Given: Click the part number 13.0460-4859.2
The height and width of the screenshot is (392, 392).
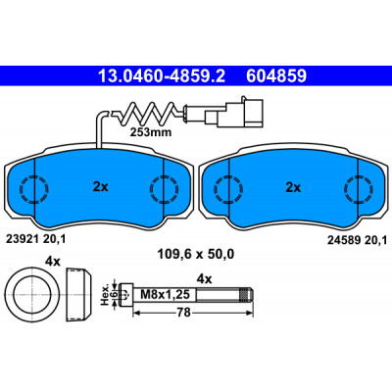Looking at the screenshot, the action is point(162,76).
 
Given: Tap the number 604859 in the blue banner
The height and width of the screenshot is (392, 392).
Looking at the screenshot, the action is point(276,76).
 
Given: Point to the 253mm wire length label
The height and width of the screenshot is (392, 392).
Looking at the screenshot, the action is point(151,132).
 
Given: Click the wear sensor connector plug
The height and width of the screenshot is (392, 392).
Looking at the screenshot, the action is point(233,113).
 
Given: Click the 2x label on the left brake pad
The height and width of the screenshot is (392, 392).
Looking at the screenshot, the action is point(100,187).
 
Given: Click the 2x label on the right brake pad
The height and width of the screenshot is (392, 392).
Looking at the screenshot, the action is point(293,187).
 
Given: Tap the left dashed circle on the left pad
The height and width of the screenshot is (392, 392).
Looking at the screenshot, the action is point(34,189).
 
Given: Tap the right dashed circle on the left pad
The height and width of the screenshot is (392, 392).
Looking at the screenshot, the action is point(165,189).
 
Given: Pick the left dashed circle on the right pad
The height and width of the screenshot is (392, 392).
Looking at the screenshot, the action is point(228,189).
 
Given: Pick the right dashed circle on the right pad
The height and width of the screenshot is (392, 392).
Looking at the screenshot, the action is point(359,189).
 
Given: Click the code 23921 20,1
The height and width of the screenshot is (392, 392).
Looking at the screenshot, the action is point(36,239).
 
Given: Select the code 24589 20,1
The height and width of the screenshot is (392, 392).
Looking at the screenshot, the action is point(358,240).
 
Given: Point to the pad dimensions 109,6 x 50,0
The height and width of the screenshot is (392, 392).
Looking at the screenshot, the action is point(196,254).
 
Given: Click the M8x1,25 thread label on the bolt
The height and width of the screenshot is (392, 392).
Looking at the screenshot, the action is point(165,294).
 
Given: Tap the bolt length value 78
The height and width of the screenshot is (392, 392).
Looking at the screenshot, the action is point(184,313).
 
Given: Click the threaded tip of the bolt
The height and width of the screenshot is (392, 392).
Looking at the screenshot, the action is point(246,294).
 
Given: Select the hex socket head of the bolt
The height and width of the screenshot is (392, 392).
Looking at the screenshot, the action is point(126,294).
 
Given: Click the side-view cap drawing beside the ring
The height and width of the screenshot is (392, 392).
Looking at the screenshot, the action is point(78,294).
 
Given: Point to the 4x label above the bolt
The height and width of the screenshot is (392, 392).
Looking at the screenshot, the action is point(205,279).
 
